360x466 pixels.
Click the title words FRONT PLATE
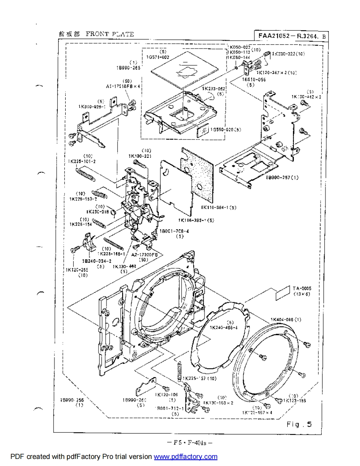tap(110, 34)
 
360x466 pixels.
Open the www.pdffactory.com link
tap(185, 457)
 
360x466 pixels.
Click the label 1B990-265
tap(128, 67)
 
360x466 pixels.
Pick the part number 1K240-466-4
tap(224, 328)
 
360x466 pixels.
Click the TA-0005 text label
tap(302, 288)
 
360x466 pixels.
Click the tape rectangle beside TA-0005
tap(282, 292)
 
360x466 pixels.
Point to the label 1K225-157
tap(195, 379)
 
